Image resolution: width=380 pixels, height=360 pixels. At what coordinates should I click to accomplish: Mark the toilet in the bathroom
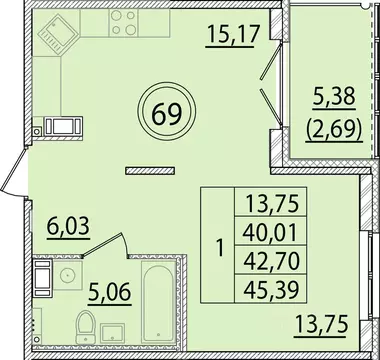(86, 329)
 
